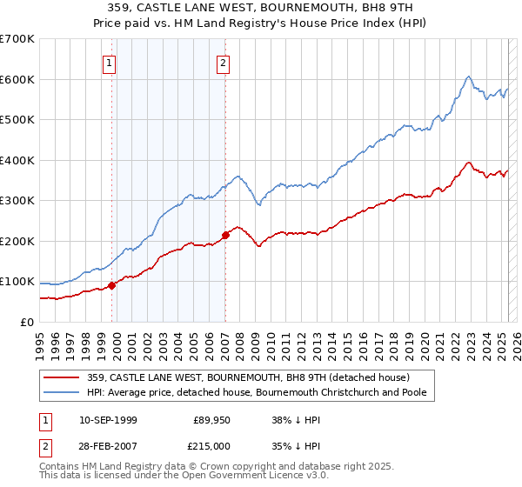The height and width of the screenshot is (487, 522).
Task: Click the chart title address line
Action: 260,8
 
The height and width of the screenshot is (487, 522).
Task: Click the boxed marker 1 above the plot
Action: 110,63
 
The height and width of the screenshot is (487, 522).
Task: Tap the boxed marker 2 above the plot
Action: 224,63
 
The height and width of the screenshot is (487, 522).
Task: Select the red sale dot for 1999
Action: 112,285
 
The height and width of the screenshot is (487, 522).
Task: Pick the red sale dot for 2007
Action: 225,235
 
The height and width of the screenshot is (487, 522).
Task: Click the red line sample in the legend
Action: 63,377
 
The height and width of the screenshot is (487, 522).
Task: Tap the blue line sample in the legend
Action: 63,392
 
